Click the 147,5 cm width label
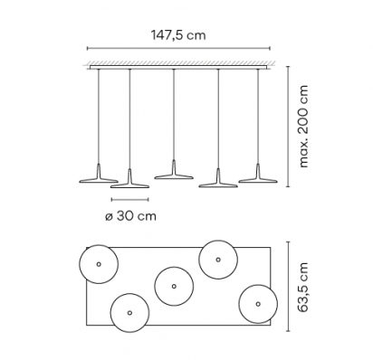(x=178, y=35)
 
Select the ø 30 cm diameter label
(x=130, y=216)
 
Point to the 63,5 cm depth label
(x=302, y=287)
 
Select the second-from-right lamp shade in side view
(x=218, y=182)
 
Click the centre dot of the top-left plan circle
(x=99, y=264)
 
